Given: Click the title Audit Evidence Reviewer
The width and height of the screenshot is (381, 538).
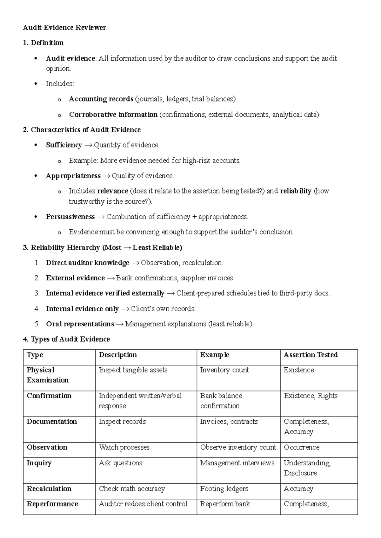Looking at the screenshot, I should [64, 28].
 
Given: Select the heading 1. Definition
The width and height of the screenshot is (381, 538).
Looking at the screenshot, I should [43, 43].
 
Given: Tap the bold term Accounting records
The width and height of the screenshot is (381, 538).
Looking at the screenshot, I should [101, 99].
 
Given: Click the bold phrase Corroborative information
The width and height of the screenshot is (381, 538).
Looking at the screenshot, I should [113, 115].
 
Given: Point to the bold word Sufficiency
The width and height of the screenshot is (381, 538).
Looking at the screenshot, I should [64, 145].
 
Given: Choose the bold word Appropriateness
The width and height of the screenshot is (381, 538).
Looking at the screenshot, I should [73, 176].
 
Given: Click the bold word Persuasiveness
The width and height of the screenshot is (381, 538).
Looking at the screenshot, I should [70, 217].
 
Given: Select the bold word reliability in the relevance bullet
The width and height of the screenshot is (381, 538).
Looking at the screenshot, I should [296, 191].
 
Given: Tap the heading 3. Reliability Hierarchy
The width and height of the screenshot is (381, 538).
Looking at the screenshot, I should [102, 247].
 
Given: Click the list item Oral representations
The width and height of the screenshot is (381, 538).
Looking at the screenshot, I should [80, 324].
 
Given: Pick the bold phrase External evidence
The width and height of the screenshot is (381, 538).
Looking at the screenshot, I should [75, 278].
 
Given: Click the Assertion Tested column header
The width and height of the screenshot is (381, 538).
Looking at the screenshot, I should [310, 355].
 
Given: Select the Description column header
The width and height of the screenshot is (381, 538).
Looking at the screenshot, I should [118, 355].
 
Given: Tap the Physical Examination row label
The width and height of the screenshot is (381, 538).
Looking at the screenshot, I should [48, 375].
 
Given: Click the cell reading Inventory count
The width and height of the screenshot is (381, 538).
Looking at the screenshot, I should [224, 370].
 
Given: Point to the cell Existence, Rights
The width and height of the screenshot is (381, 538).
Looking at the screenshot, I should [311, 396].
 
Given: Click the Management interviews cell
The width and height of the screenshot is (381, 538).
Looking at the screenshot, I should [237, 463].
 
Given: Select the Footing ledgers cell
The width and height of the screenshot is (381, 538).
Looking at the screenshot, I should [224, 489].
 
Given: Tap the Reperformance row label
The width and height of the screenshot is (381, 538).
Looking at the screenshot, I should [52, 504].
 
